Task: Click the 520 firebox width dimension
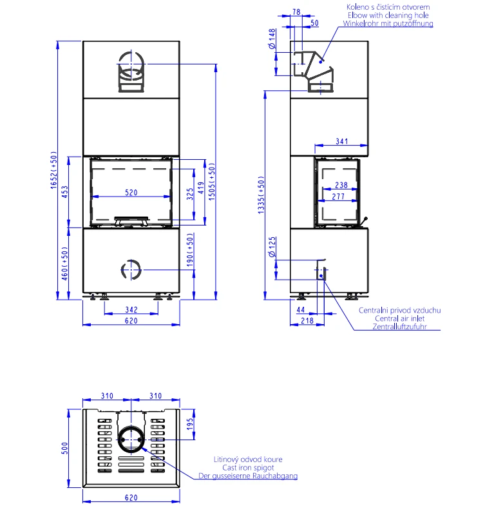pyautogui.click(x=131, y=192)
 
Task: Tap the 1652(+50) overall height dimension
pyautogui.click(x=54, y=169)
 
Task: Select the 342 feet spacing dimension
pyautogui.click(x=131, y=309)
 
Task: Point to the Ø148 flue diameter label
pyautogui.click(x=272, y=39)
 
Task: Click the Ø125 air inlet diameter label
pyautogui.click(x=272, y=247)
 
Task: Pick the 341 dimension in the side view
pyautogui.click(x=341, y=141)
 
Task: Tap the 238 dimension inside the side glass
pyautogui.click(x=341, y=185)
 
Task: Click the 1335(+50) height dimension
pyautogui.click(x=261, y=195)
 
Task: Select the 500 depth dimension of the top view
pyautogui.click(x=65, y=448)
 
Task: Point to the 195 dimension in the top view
pyautogui.click(x=190, y=424)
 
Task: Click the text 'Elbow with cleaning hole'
pyautogui.click(x=388, y=15)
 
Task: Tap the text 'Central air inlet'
pyautogui.click(x=399, y=318)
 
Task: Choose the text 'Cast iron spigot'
pyautogui.click(x=248, y=467)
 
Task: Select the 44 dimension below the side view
pyautogui.click(x=300, y=309)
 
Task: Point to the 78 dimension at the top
pyautogui.click(x=296, y=12)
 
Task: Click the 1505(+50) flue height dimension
pyautogui.click(x=212, y=182)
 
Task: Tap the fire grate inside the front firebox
pyautogui.click(x=131, y=221)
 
